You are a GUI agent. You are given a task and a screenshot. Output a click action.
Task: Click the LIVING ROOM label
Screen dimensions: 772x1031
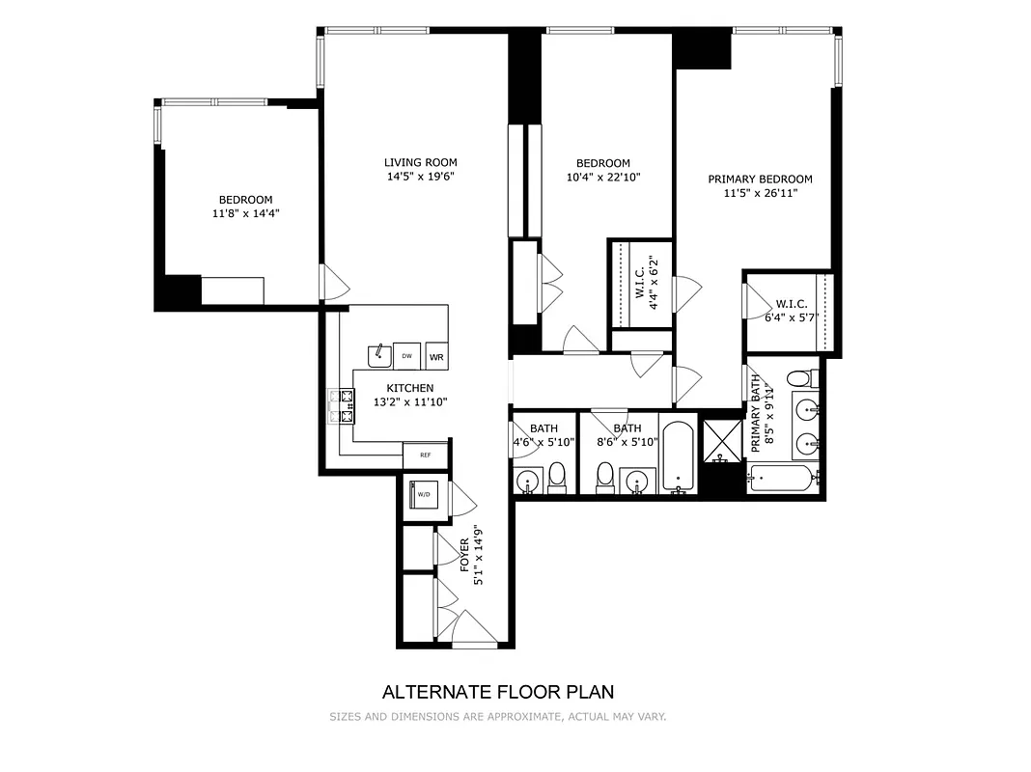point(420,162)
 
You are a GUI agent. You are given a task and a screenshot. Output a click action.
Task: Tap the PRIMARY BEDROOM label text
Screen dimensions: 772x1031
point(760,179)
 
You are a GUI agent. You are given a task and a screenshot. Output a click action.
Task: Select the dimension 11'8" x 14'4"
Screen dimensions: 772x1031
point(244,213)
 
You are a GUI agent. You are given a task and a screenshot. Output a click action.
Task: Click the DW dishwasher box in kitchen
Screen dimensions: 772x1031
point(407,356)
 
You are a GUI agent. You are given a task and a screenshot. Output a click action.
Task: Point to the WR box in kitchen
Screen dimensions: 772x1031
point(436,356)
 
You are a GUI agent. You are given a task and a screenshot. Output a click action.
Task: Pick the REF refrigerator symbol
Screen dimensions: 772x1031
point(424,455)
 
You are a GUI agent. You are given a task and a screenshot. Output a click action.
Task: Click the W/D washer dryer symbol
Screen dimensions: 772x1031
point(424,494)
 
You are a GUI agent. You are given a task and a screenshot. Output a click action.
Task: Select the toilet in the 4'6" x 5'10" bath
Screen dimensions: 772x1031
point(557,477)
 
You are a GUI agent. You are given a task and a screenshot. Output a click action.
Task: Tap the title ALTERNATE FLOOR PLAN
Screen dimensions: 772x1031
point(498,691)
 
